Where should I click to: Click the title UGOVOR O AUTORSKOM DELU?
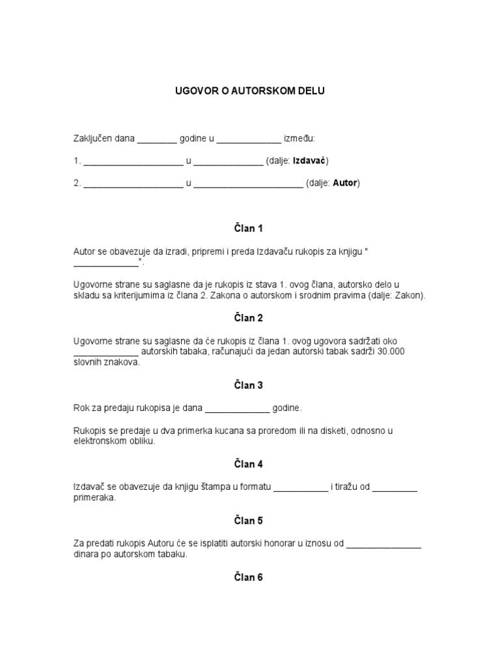(249, 91)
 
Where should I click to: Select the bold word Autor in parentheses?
(345, 183)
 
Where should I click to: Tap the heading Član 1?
(249, 229)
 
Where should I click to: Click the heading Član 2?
(249, 318)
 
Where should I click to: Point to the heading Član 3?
(249, 386)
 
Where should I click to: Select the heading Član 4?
(249, 464)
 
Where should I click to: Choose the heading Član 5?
(249, 520)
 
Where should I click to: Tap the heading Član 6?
(249, 577)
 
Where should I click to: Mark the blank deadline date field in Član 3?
(238, 410)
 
